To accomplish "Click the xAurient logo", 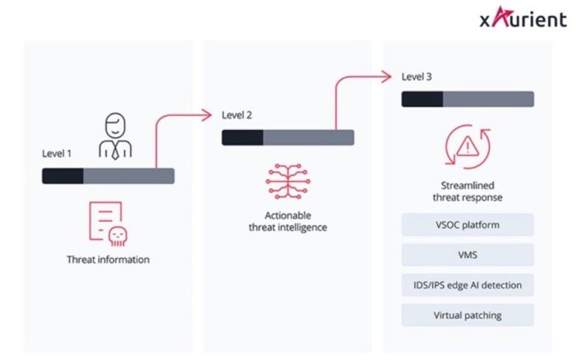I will [523, 19].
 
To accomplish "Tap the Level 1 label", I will [58, 153].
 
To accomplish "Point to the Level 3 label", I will [417, 76].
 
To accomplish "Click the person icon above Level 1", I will [114, 136].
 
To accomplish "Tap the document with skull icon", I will [108, 224].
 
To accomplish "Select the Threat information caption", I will [108, 260].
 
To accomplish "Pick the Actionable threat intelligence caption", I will [288, 221].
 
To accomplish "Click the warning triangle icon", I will [468, 146].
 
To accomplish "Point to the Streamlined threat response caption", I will [468, 192].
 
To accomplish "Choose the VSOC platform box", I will [468, 224].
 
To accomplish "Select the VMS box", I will [468, 255].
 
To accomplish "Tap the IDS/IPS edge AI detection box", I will [468, 285].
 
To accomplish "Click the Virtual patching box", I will [468, 315].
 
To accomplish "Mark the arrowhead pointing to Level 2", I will [209, 114].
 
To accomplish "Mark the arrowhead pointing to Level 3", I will [388, 76].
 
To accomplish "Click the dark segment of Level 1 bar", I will [63, 175].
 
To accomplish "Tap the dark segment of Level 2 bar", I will [242, 137].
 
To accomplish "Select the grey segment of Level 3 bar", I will [488, 99].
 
